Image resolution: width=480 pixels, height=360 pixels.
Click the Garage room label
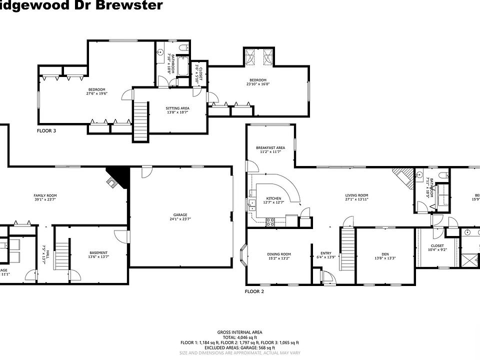180,215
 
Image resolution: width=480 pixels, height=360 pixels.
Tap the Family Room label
45,195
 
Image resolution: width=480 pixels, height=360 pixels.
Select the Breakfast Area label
270,147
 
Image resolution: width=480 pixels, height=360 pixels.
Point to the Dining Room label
278,254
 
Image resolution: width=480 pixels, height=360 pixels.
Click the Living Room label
356,195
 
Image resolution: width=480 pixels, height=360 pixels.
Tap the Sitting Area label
177,108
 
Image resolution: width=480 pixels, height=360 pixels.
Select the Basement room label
98,252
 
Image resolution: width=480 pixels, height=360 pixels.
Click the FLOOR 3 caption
46,131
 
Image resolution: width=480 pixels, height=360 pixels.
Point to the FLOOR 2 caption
254,291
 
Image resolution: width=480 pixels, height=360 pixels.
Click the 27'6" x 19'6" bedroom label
97,89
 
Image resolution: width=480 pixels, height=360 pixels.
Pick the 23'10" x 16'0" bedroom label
258,80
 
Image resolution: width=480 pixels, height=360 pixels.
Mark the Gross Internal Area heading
239,332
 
